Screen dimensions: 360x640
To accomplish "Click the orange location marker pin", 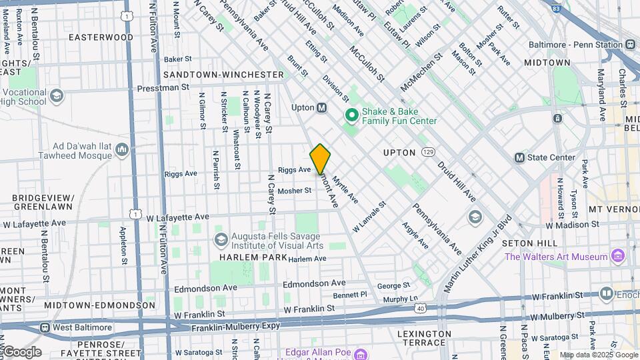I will [x=320, y=159].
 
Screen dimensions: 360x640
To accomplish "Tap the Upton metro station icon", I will [x=321, y=107].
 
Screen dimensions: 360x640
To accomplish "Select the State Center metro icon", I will [x=520, y=157].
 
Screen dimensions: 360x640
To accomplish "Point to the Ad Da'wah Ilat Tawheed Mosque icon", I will [x=121, y=150].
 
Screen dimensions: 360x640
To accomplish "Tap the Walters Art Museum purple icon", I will [x=617, y=256].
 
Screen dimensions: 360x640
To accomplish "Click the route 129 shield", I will [x=428, y=153].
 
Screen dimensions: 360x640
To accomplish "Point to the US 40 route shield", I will [x=419, y=308].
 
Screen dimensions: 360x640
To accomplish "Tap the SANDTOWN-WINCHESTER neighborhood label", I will [x=224, y=74].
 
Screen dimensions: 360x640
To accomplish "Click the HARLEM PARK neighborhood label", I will [x=249, y=257].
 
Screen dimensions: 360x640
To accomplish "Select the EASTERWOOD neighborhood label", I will [x=101, y=37].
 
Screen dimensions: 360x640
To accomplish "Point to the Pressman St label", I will [x=163, y=87].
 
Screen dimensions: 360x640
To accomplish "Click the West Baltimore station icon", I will [x=45, y=327].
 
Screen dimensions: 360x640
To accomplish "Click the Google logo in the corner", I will [x=21, y=352].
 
